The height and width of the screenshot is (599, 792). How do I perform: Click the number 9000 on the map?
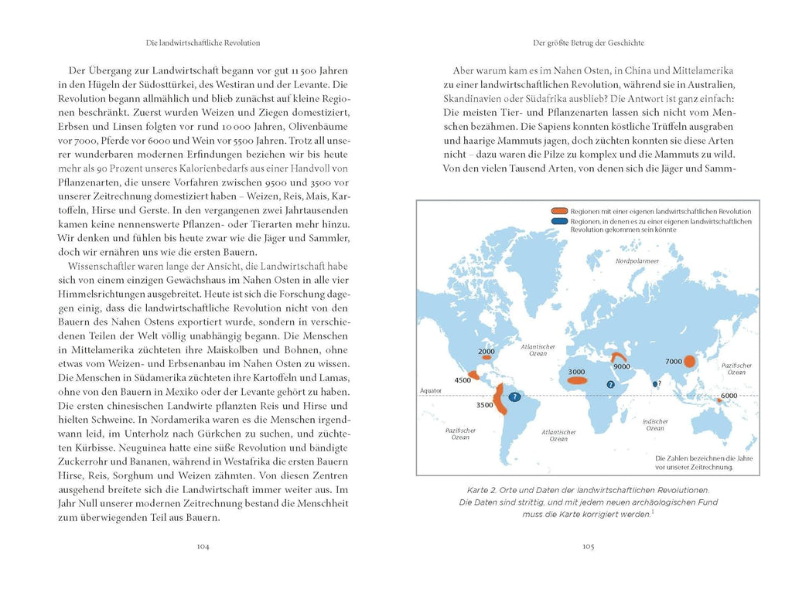[x=621, y=367]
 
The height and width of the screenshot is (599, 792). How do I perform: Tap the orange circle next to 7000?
[x=691, y=361]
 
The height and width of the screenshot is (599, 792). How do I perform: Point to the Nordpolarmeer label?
[x=637, y=262]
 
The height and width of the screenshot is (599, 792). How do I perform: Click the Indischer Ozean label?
[x=655, y=424]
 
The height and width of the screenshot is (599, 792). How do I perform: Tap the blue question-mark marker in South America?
[x=514, y=397]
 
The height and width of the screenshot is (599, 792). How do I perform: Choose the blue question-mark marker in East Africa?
[x=610, y=384]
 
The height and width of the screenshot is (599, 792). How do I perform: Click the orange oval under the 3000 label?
[x=578, y=380]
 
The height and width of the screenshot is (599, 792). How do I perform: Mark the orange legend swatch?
[x=559, y=211]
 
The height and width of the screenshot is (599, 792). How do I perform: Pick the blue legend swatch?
[x=559, y=221]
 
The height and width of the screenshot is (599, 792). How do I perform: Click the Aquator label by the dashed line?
[x=430, y=391]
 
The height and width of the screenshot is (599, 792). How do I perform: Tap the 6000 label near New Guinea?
[x=728, y=396]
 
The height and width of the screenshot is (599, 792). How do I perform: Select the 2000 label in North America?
[x=486, y=352]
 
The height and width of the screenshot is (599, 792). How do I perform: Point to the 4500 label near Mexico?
[x=463, y=380]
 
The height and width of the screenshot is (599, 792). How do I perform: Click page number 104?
[x=203, y=546]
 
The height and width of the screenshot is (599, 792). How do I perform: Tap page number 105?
[x=587, y=546]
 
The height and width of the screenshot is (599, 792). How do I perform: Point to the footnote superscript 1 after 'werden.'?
[x=653, y=511]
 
